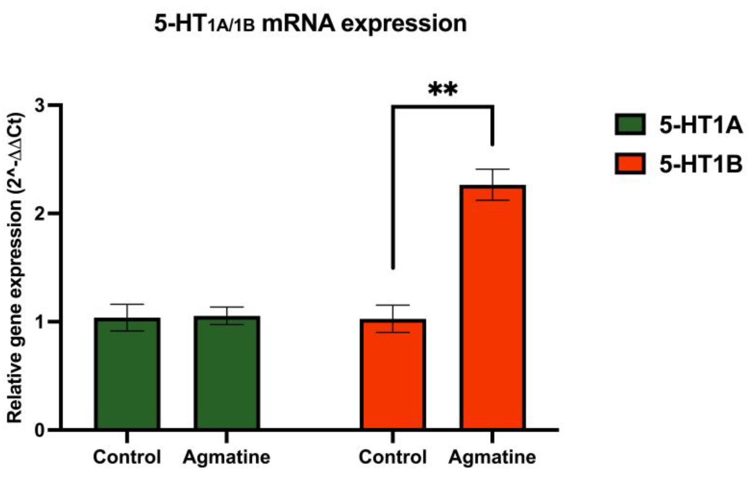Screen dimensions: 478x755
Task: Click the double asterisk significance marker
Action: (x=443, y=90)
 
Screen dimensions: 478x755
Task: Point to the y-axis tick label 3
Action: (x=40, y=106)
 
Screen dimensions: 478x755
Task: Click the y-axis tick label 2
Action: (x=40, y=214)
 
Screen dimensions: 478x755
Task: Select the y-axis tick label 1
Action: (x=40, y=322)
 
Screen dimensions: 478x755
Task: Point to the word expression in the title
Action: (x=404, y=24)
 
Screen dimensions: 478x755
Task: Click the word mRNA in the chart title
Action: (x=298, y=24)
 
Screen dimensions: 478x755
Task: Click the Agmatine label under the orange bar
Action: (x=492, y=457)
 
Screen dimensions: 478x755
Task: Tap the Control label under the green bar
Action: (x=127, y=457)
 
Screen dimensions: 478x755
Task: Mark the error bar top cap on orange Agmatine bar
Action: (x=492, y=169)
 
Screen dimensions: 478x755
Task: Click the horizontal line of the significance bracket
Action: (x=443, y=107)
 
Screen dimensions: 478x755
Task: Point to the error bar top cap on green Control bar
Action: (x=127, y=304)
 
